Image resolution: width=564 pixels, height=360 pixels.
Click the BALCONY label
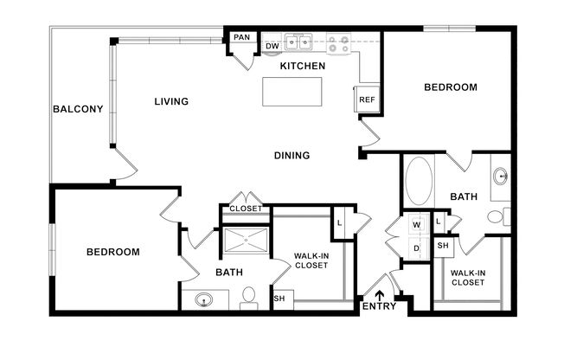point(78,109)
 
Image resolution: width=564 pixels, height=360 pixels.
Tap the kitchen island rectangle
point(292,92)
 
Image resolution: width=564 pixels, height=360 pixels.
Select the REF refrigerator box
point(367,99)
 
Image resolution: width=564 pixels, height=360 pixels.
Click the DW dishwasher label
point(272,47)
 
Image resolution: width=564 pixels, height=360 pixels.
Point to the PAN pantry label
point(241,37)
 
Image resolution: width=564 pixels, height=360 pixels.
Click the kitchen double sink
point(298,42)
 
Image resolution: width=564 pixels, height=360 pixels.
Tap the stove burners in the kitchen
point(338,43)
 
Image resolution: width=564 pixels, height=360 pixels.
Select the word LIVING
point(171,101)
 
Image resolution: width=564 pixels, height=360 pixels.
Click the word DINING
point(292,156)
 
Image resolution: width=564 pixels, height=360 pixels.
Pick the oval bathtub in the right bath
point(419,181)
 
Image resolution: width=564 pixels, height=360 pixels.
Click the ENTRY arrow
point(379,296)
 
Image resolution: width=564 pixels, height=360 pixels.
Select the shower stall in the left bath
point(246,240)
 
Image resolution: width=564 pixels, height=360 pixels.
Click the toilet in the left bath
point(248,298)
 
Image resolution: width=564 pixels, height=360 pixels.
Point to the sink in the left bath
point(203,299)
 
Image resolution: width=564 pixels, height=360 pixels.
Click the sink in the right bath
point(500,176)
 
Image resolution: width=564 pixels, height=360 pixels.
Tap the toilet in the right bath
point(499,216)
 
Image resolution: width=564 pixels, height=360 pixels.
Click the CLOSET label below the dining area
point(246,209)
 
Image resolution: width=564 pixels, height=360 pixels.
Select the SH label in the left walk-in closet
point(279,299)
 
